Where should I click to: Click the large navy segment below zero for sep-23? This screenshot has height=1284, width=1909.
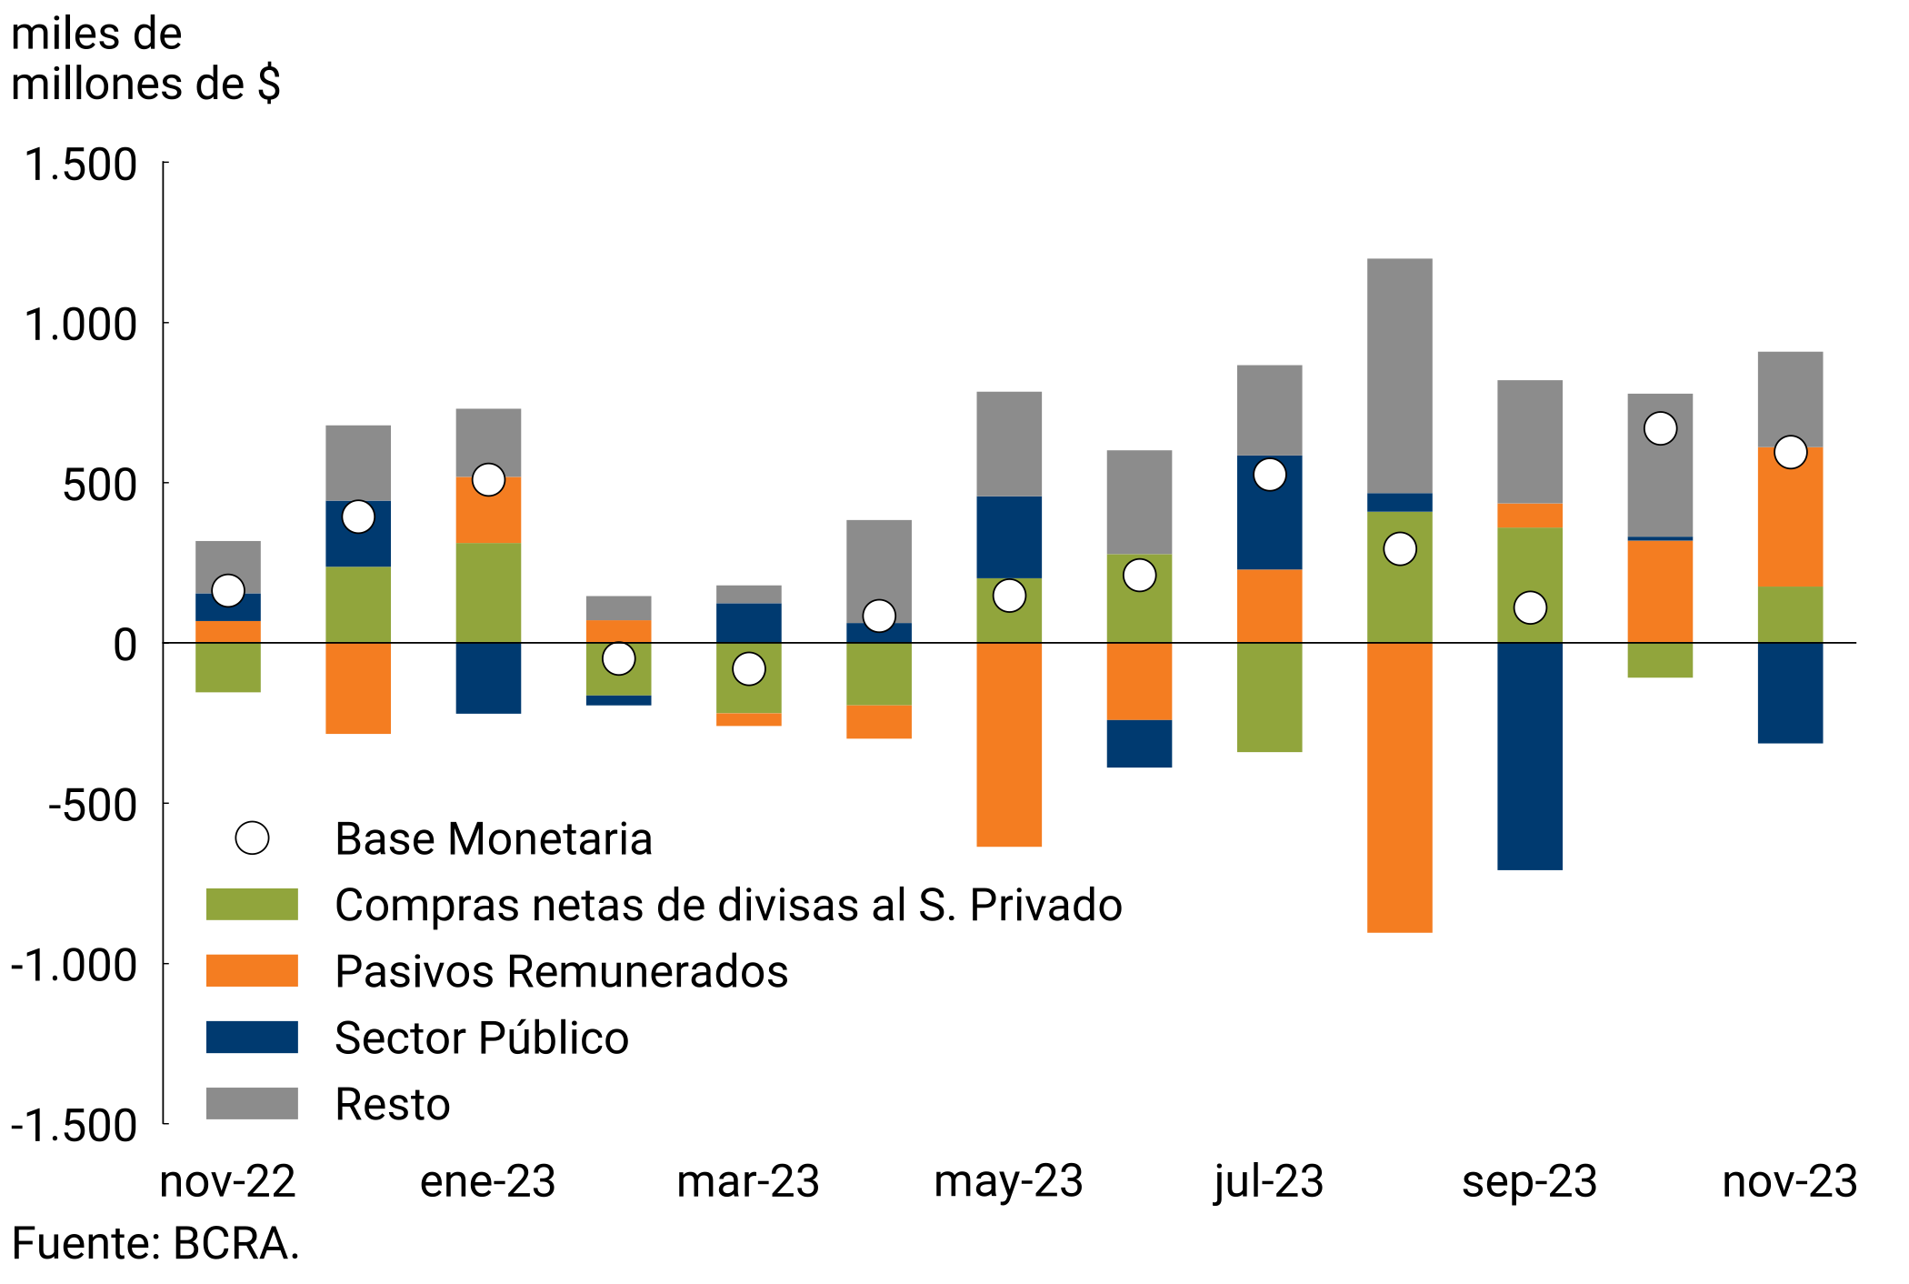(x=1529, y=756)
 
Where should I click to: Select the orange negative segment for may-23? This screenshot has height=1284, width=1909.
(x=1008, y=745)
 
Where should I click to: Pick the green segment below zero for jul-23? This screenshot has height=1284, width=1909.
(x=1268, y=697)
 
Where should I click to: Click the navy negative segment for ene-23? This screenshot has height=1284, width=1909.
(x=488, y=678)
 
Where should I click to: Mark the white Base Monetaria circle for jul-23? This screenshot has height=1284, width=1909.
(x=1269, y=475)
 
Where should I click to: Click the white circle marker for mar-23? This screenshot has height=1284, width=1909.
(x=748, y=669)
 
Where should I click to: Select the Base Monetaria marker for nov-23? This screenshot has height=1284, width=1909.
(x=1790, y=452)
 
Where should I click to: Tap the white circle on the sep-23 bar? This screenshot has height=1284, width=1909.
(x=1530, y=607)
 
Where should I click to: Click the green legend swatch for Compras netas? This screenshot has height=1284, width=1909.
(x=252, y=905)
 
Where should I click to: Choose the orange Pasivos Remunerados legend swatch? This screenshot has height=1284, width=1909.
(x=252, y=970)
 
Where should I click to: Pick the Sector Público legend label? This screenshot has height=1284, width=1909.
(x=481, y=1038)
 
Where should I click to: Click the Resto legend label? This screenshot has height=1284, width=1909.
(x=392, y=1104)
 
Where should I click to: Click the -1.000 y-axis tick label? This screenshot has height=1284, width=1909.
(x=74, y=964)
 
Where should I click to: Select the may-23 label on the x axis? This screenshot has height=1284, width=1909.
(x=1008, y=1181)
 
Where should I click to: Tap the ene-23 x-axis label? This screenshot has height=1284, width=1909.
(x=487, y=1181)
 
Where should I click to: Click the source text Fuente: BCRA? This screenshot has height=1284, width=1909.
(x=155, y=1243)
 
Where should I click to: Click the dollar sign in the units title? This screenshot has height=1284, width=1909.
(x=269, y=85)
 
